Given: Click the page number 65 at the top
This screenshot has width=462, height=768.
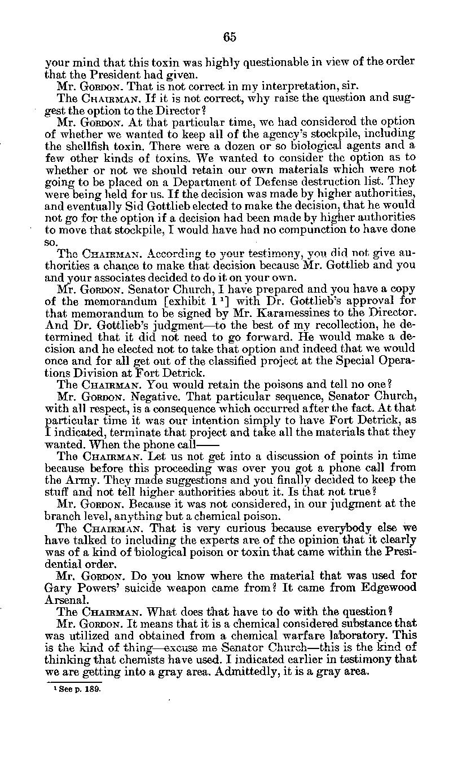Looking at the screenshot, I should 230,37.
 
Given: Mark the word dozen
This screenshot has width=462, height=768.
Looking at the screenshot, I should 224,145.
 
